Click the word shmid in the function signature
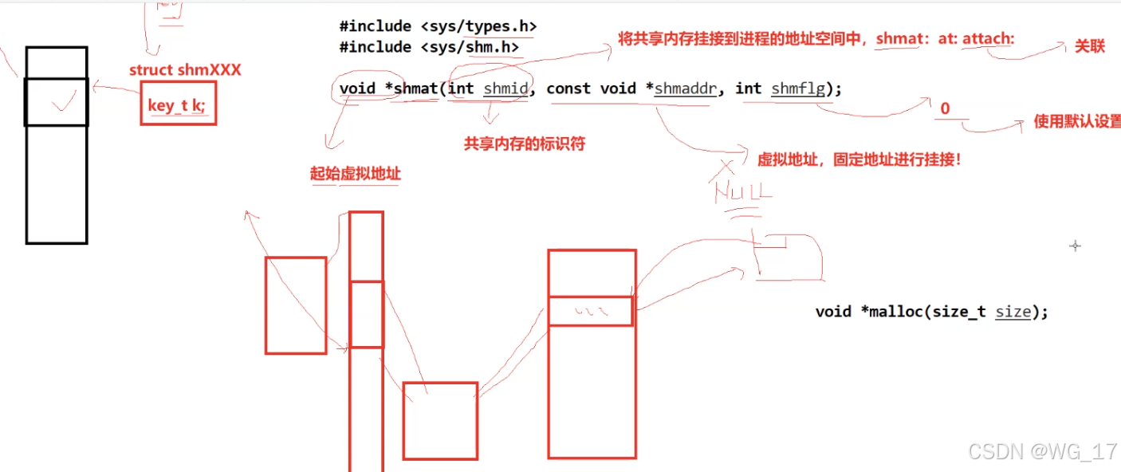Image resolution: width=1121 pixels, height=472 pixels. point(505,88)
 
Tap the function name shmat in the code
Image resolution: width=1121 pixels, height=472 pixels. point(415,88)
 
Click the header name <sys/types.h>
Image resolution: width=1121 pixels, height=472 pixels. point(478,26)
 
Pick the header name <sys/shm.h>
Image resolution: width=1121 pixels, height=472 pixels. point(470,48)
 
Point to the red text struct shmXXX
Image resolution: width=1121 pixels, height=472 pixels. point(185,70)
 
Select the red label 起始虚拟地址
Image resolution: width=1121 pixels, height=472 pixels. point(355,174)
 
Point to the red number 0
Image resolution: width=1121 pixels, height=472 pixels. point(945,109)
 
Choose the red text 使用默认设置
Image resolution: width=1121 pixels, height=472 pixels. point(1076,122)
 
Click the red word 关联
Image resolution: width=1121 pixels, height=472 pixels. point(1089,46)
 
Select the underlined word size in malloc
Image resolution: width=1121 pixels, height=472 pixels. point(1013,312)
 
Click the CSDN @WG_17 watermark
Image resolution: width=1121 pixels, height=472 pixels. point(1042,452)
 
